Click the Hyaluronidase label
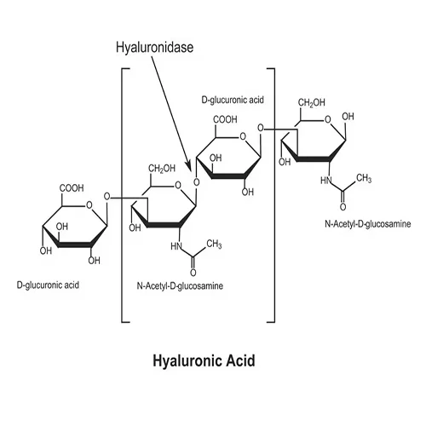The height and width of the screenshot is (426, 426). click(x=154, y=48)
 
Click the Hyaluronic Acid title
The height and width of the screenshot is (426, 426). click(x=204, y=361)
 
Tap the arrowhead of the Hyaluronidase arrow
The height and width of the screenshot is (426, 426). click(x=188, y=167)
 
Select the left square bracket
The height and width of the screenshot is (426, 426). click(x=122, y=195)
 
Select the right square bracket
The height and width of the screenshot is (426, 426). click(x=274, y=195)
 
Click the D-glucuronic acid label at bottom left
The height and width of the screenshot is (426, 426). click(x=48, y=285)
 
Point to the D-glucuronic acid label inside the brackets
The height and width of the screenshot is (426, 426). click(x=233, y=100)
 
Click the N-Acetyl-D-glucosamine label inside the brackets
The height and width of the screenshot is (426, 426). click(x=180, y=285)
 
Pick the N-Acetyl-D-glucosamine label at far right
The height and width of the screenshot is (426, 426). click(x=368, y=224)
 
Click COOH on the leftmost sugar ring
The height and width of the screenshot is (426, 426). click(x=72, y=188)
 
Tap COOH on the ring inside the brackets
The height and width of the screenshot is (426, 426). click(x=225, y=119)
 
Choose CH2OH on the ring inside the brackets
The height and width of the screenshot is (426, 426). click(x=162, y=169)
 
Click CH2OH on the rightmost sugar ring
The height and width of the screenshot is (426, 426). click(x=312, y=103)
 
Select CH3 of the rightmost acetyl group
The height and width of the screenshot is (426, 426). click(x=364, y=179)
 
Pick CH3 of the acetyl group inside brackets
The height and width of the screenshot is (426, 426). click(x=214, y=245)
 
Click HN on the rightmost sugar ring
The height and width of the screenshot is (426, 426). click(x=326, y=181)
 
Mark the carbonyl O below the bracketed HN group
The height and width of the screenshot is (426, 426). click(x=193, y=273)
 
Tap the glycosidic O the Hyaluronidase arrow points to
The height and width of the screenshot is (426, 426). click(x=197, y=182)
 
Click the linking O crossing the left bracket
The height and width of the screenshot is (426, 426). click(x=106, y=196)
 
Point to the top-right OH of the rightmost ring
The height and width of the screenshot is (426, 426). click(x=348, y=117)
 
